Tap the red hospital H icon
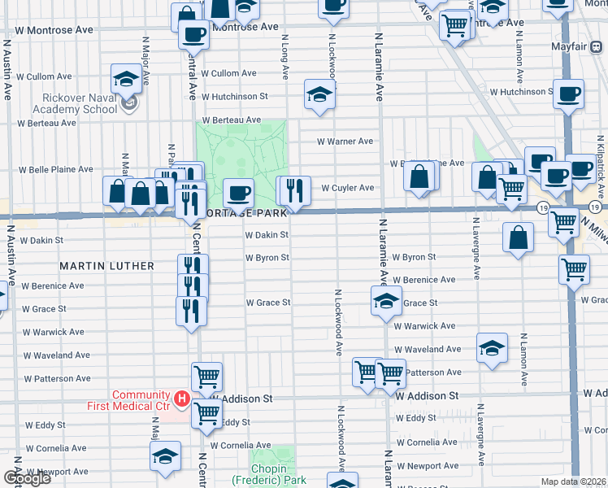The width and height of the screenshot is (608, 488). coord(183,399)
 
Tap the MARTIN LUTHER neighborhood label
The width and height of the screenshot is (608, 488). coord(106,266)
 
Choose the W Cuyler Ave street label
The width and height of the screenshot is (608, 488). coord(347,188)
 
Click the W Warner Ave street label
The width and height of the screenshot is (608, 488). coord(345,142)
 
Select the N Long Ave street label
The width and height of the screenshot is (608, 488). coord(285,56)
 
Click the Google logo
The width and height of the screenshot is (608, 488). coord(27,478)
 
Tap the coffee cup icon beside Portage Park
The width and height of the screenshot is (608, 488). coord(238,193)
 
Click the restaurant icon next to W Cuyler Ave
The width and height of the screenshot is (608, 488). coord(296,190)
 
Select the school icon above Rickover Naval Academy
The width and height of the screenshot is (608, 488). coord(126,79)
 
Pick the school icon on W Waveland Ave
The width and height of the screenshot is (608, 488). coord(492,348)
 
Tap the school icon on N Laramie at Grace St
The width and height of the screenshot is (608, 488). coord(386,300)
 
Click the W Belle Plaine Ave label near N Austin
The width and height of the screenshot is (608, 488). coord(56,170)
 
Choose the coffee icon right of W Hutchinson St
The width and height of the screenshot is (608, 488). coord(568,94)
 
